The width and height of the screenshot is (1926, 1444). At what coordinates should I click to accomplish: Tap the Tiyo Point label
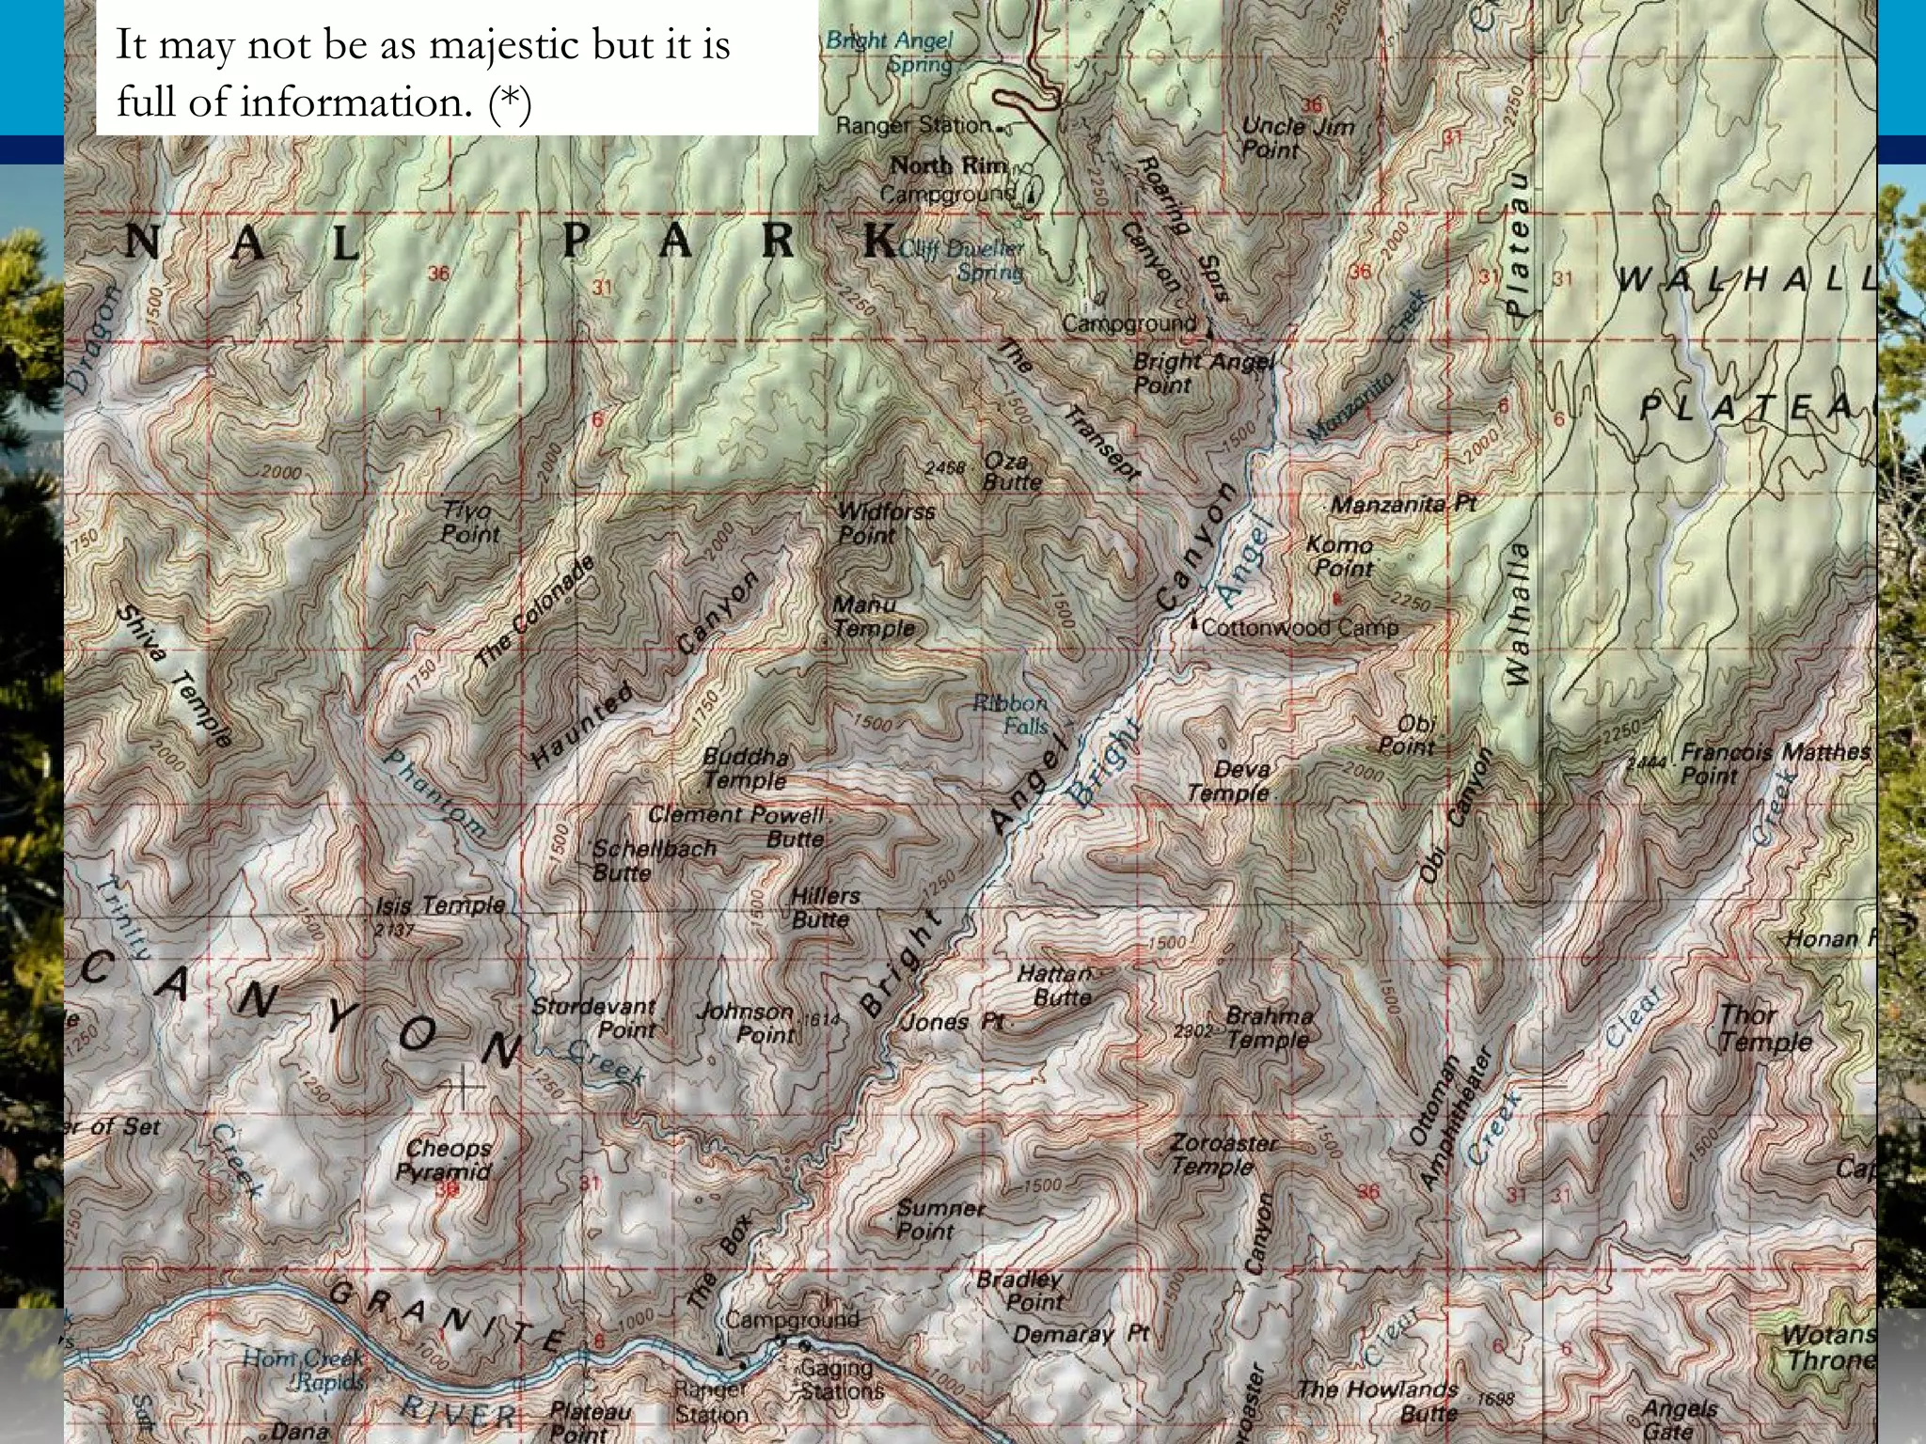470,523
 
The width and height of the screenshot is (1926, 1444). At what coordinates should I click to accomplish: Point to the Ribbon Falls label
1012,714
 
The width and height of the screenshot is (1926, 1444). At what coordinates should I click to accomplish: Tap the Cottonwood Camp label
1300,628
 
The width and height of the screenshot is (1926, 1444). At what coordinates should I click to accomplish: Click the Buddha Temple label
746,768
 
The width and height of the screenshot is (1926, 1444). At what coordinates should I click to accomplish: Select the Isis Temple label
440,905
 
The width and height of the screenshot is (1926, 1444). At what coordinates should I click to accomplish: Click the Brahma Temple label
1268,1028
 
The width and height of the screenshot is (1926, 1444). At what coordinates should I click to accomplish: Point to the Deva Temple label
1230,781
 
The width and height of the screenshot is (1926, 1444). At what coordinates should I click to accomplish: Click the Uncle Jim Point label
1296,137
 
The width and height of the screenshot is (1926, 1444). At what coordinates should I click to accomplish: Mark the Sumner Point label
939,1219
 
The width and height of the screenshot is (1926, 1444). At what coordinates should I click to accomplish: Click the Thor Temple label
1764,1028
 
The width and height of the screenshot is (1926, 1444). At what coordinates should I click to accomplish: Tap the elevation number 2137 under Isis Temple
393,931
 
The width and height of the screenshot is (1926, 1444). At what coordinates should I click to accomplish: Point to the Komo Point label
1341,557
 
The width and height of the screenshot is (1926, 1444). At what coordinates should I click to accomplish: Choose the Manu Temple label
873,617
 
